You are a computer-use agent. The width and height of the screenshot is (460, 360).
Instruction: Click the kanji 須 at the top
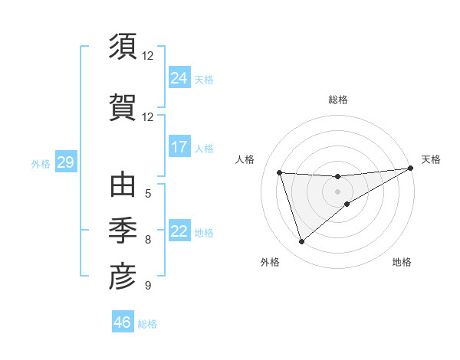point(123,47)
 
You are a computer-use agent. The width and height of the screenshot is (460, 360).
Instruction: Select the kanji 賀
point(123,107)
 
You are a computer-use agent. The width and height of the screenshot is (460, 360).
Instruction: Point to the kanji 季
point(123,230)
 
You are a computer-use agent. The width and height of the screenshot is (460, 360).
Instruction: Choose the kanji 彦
point(123,277)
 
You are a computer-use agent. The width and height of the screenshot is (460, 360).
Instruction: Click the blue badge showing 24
point(179,77)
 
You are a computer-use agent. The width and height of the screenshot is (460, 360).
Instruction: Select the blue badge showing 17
point(179,146)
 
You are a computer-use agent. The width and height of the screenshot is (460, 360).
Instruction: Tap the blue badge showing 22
point(179,231)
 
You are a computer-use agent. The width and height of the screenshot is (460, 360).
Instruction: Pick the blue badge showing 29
point(65,162)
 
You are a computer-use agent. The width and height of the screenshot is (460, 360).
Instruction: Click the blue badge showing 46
point(123,322)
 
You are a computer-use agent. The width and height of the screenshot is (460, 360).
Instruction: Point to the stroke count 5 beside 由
point(148,193)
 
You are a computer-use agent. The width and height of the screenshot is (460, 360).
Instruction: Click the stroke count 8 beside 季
point(148,240)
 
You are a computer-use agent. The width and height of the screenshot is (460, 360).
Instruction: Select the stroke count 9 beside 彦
point(148,286)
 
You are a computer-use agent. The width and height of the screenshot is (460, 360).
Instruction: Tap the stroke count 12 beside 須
point(148,55)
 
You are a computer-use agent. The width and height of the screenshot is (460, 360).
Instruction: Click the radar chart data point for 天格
point(411,169)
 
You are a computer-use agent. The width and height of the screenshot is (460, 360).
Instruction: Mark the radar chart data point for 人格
point(280,173)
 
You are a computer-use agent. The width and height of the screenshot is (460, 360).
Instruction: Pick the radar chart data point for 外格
point(301,242)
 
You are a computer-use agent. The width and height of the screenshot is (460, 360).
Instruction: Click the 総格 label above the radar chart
point(338,100)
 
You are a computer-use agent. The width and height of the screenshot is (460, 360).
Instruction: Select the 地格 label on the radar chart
point(402,262)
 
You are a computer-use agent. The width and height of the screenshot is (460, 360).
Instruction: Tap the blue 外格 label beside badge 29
point(40,163)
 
